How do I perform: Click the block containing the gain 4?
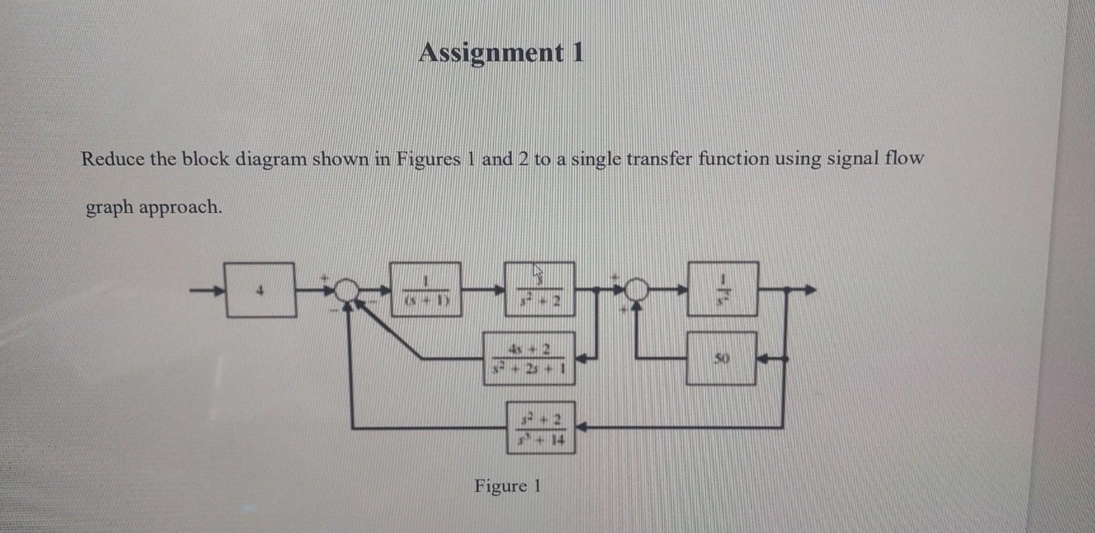click(261, 290)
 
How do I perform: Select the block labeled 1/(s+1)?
click(425, 290)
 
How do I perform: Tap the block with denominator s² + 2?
click(540, 290)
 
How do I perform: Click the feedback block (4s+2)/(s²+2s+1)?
click(529, 359)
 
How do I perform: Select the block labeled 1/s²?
click(723, 289)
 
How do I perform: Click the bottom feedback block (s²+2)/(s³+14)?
click(541, 428)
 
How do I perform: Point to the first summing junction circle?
click(344, 290)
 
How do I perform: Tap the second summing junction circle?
click(637, 290)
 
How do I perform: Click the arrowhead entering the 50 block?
click(764, 360)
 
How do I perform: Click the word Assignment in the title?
click(491, 53)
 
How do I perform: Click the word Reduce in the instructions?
click(113, 158)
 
